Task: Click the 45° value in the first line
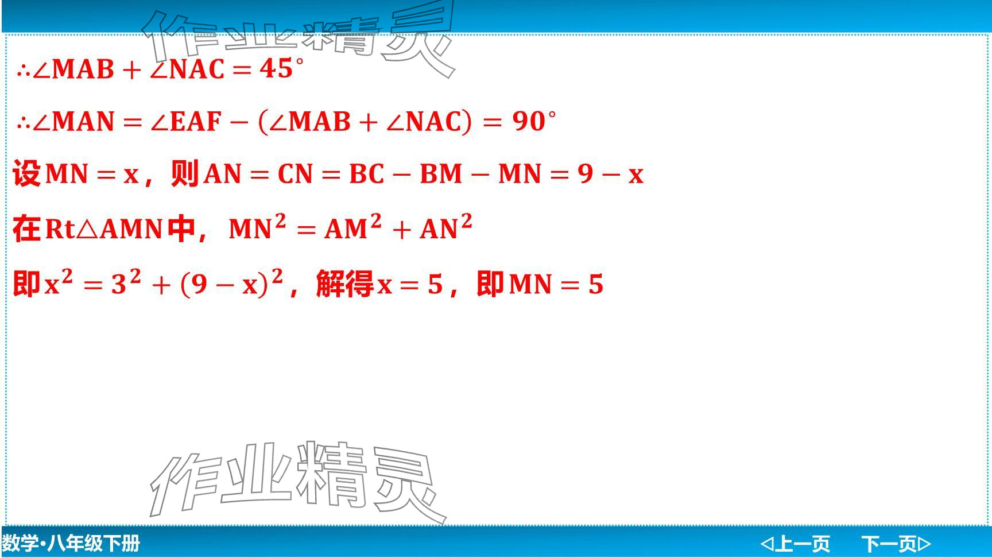tap(281, 69)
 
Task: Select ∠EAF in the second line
tap(186, 122)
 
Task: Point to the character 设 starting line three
tap(26, 173)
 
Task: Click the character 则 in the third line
tap(185, 173)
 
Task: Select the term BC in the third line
tap(366, 174)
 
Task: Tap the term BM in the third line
tap(441, 174)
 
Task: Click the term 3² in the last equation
tap(126, 282)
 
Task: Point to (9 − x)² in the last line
tap(232, 282)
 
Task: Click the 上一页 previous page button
tap(796, 543)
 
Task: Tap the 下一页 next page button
tap(896, 543)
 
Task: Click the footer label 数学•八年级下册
tap(71, 543)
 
